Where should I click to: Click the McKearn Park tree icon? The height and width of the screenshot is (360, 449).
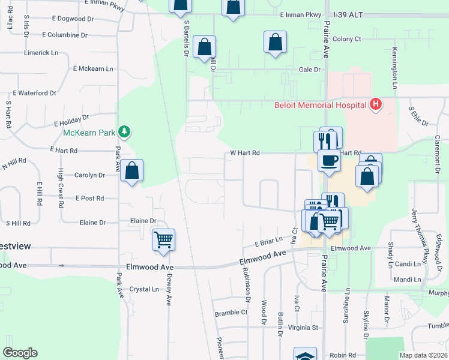click(x=124, y=131)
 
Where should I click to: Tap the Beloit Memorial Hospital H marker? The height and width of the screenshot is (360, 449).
click(x=376, y=105)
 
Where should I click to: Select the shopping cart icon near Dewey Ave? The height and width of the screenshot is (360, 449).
click(x=163, y=240)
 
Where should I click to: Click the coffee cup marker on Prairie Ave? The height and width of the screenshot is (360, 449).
click(x=329, y=160)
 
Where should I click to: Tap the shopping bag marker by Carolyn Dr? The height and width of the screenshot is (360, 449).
click(x=132, y=170)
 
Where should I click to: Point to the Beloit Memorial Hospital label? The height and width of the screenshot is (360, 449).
click(x=320, y=106)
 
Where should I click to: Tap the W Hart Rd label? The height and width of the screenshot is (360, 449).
click(x=245, y=153)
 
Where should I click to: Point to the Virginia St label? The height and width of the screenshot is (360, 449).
click(x=303, y=328)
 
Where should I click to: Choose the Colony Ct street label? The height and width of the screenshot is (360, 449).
click(x=347, y=39)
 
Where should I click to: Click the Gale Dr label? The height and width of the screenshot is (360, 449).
click(x=310, y=70)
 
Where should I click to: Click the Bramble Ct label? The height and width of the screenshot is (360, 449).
click(x=231, y=313)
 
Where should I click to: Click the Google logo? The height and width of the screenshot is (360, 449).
click(x=20, y=353)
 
